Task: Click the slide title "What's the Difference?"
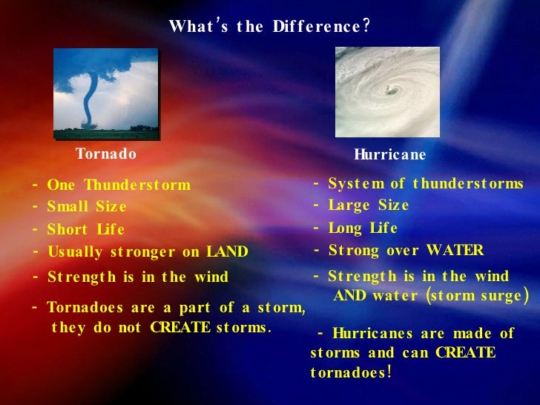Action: coord(269,27)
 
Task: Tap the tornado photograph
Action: coord(106,93)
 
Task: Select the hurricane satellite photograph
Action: coord(387,92)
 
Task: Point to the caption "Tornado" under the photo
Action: coord(106,154)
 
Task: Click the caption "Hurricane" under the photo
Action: coord(390,155)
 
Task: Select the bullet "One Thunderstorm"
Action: coord(119,185)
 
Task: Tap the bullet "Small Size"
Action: coord(87,207)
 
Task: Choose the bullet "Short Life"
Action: coord(85,230)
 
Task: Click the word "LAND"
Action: coord(227,252)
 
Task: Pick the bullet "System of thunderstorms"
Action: coord(425,184)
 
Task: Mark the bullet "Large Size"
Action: coord(368,205)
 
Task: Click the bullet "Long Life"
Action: coord(363,228)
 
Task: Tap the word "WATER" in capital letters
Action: coord(454,251)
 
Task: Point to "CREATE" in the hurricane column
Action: coord(465,352)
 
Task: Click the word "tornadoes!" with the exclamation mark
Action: coord(351,372)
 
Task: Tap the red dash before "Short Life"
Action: coord(35,229)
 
